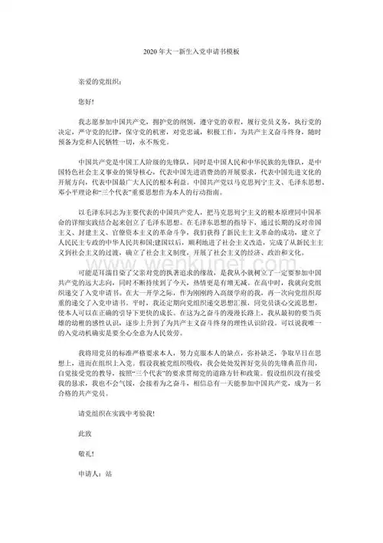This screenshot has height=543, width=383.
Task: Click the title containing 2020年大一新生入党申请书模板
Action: click(191, 50)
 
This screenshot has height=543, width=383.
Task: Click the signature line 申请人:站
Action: click(97, 538)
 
